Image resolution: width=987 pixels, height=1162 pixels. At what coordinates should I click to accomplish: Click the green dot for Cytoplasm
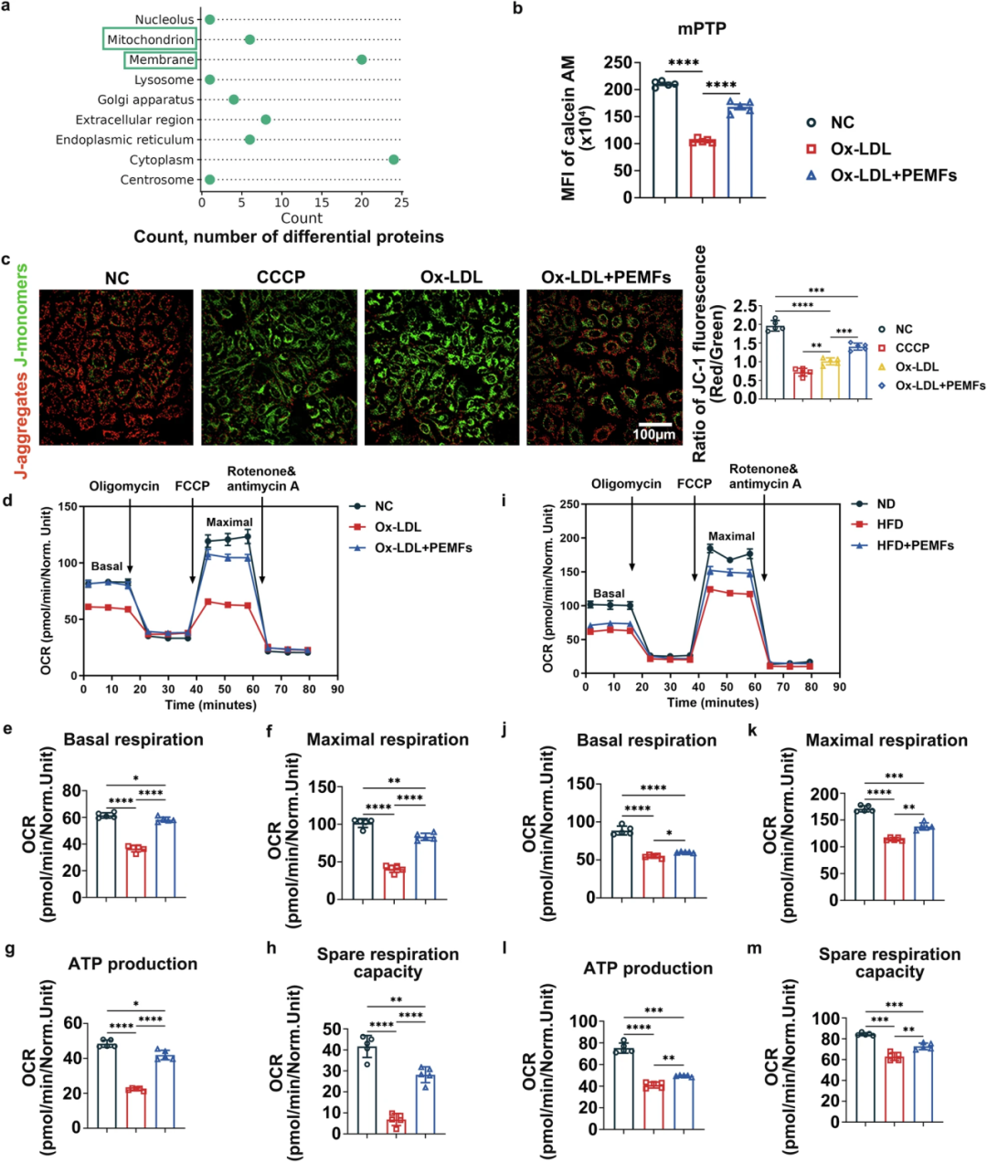[394, 160]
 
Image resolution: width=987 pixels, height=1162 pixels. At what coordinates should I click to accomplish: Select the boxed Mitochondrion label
[150, 39]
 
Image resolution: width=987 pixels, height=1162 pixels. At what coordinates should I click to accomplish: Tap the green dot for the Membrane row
[362, 59]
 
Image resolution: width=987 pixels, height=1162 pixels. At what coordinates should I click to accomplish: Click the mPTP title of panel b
[702, 28]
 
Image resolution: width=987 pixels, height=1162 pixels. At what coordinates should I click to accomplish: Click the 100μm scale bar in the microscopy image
[654, 424]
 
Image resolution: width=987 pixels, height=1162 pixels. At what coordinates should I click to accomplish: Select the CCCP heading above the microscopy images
[281, 277]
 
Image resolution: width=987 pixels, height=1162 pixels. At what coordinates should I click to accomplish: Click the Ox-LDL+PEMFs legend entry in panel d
[422, 548]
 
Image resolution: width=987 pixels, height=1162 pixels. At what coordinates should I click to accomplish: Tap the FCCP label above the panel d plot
[192, 486]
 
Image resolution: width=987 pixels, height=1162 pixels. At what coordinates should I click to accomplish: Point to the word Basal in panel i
[609, 594]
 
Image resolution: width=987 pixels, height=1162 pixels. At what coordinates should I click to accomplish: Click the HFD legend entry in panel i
[888, 524]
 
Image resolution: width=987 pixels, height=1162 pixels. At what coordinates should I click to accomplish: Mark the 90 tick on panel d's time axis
[337, 689]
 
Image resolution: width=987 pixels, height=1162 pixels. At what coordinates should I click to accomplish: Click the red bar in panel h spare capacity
[395, 1125]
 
